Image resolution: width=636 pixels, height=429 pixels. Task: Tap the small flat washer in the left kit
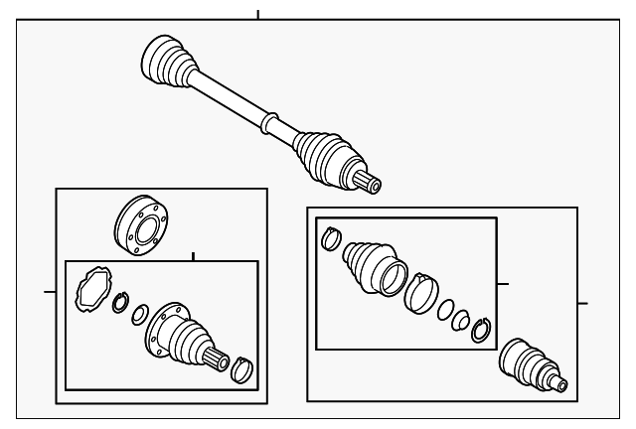click(137, 314)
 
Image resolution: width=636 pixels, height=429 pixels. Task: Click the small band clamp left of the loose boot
click(330, 239)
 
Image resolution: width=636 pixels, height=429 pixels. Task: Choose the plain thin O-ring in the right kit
click(447, 310)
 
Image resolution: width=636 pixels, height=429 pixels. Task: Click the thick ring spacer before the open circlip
click(461, 320)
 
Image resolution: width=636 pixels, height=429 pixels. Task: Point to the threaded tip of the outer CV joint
click(563, 384)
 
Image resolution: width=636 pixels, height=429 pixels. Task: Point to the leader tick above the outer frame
click(257, 15)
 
